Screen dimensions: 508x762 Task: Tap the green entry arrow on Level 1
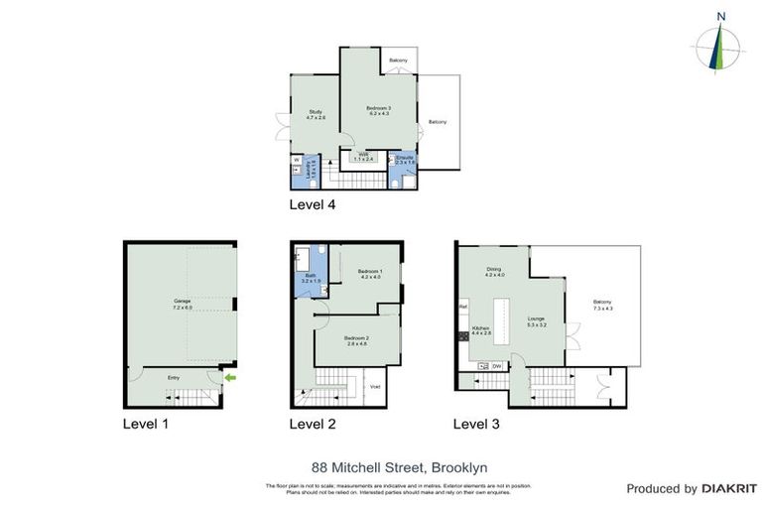point(231,377)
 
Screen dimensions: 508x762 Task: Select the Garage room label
point(182,303)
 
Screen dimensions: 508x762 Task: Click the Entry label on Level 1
point(175,377)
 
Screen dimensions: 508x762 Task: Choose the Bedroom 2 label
point(356,340)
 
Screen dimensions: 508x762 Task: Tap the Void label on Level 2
point(375,386)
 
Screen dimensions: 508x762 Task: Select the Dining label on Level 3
point(493,272)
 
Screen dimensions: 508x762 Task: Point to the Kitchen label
point(480,328)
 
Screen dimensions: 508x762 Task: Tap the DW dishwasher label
point(495,367)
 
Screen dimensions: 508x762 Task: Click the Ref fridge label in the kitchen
point(463,307)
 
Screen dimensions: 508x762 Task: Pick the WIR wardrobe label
point(364,156)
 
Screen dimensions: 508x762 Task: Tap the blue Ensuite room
point(404,164)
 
